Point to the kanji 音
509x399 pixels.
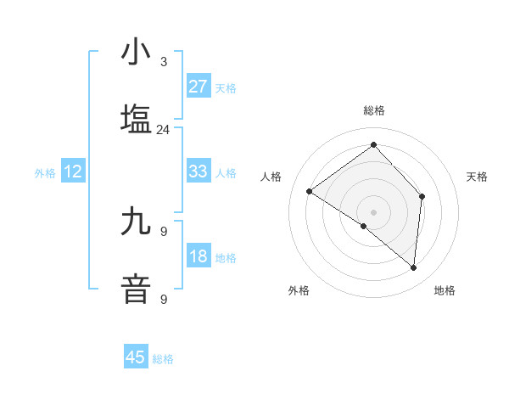coord(136,288)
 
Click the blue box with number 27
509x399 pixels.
coord(198,86)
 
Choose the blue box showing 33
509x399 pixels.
coord(198,171)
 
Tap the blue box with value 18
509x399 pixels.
coord(198,257)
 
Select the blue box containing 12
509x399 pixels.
coord(73,171)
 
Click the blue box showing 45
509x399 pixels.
coord(136,357)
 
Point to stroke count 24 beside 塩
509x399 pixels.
coord(163,130)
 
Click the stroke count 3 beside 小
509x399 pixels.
coord(164,62)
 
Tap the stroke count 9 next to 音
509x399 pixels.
coord(164,299)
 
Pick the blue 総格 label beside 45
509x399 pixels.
coord(163,359)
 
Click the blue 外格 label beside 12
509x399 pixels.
coord(45,173)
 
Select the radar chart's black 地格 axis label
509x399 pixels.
coord(445,291)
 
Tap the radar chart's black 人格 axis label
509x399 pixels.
coord(271,177)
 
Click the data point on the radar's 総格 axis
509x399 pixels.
coord(373,145)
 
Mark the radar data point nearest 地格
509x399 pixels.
coord(413,267)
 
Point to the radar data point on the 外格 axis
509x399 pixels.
coord(364,226)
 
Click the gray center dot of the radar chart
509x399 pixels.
coord(373,211)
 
